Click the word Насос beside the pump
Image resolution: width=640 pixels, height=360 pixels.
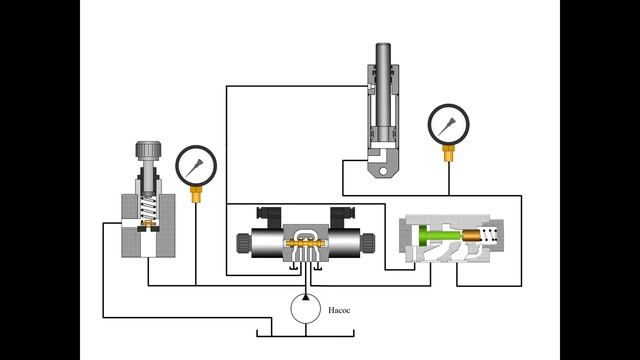tap(339, 310)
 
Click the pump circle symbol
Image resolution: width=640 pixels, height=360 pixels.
tap(306, 309)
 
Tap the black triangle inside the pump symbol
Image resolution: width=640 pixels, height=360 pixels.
tap(306, 297)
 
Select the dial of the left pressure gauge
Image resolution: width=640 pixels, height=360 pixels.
tap(196, 166)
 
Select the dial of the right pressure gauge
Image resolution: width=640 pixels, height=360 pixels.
tap(449, 124)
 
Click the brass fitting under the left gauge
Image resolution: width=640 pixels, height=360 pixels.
tap(196, 194)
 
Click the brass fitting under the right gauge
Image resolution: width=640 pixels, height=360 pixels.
tap(449, 153)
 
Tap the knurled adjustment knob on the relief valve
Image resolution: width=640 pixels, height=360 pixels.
tap(148, 149)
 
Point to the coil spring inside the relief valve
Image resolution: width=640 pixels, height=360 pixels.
tap(147, 208)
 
